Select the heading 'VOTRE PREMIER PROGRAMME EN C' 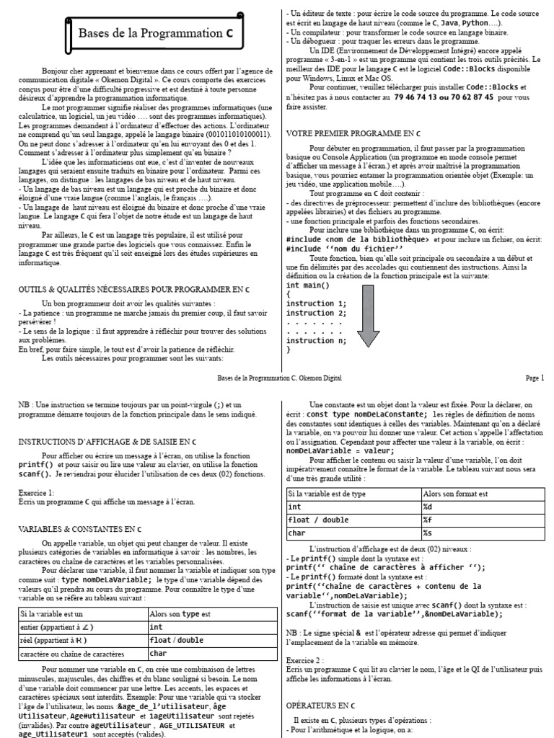pos(353,134)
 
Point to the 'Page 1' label pos(535,377)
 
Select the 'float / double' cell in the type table pos(176,640)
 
